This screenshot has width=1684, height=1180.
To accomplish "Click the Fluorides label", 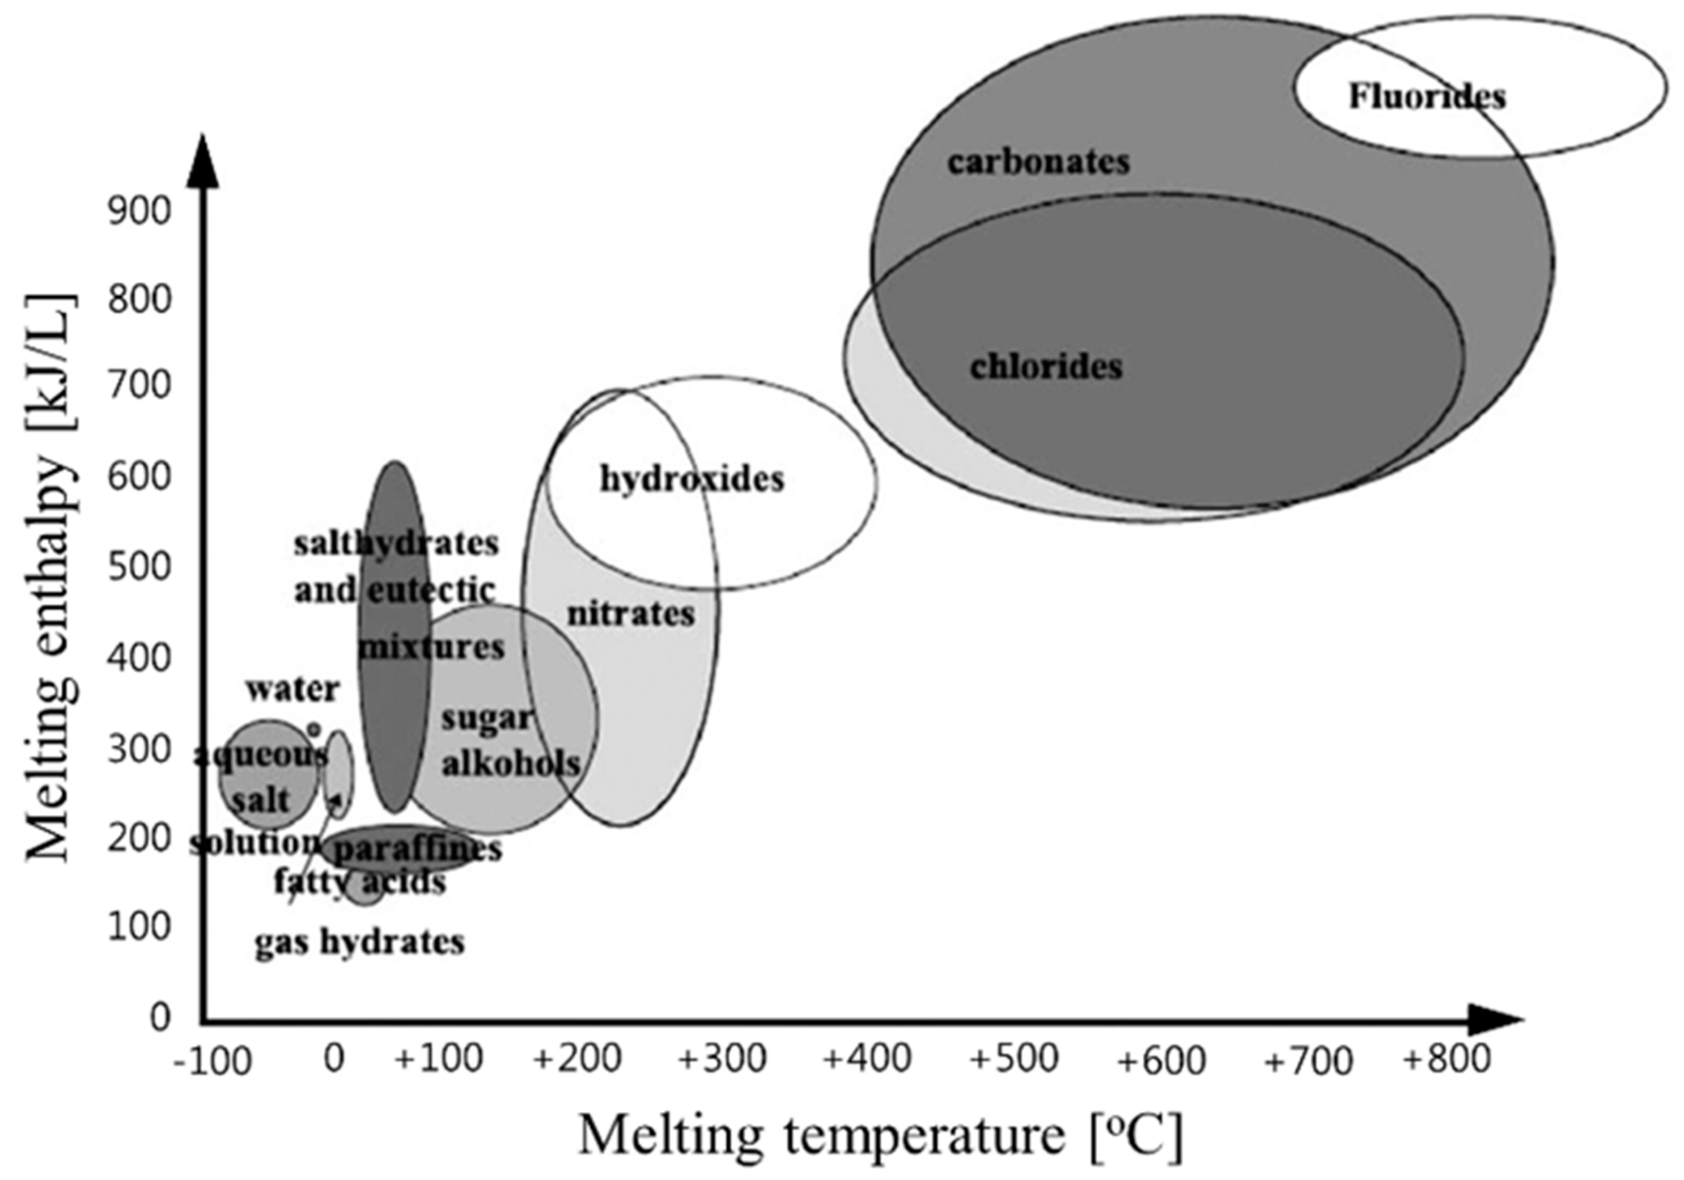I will pyautogui.click(x=1427, y=97).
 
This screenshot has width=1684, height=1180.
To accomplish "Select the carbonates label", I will pyautogui.click(x=1038, y=162).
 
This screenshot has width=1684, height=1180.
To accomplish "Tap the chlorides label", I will pyautogui.click(x=1046, y=367).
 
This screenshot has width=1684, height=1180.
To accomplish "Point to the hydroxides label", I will pyautogui.click(x=692, y=479).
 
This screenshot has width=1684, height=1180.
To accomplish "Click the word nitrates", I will pyautogui.click(x=631, y=613).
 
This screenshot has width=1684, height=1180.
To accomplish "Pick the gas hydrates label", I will pyautogui.click(x=359, y=941).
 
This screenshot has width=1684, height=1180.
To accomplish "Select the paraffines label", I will pyautogui.click(x=417, y=848).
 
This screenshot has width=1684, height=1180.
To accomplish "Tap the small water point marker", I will pyautogui.click(x=314, y=729).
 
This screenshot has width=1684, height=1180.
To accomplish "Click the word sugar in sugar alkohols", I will pyautogui.click(x=486, y=719).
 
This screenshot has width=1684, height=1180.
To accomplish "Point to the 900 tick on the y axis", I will pyautogui.click(x=139, y=211).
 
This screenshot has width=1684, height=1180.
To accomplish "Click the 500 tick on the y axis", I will pyautogui.click(x=139, y=566).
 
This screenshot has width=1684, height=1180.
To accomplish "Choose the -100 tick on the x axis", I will pyautogui.click(x=213, y=1061).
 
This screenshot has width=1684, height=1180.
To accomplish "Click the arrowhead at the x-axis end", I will pyautogui.click(x=1496, y=1020).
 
